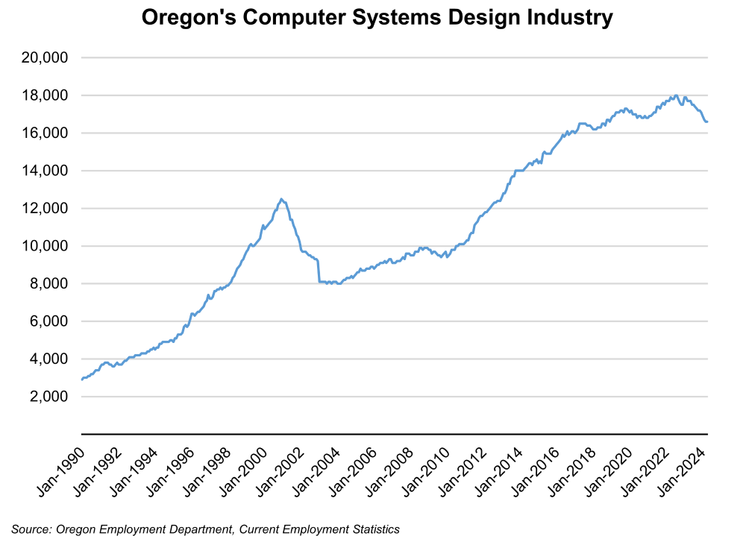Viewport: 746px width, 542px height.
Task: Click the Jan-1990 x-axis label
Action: (60, 470)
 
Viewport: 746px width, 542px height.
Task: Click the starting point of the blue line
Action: (81, 379)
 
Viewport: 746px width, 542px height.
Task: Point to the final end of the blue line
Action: (707, 122)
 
